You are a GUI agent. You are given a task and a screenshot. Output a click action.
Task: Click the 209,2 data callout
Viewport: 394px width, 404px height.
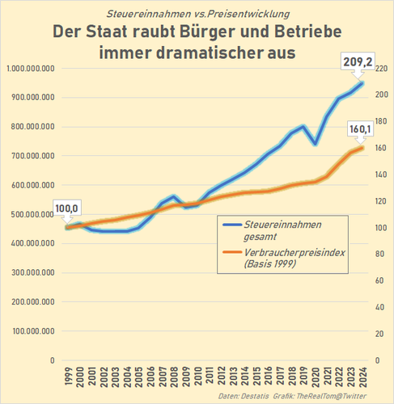(358, 62)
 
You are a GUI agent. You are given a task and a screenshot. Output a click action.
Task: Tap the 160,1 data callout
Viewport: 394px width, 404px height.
(360, 129)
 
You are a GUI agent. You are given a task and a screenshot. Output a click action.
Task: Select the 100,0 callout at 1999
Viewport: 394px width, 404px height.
(66, 208)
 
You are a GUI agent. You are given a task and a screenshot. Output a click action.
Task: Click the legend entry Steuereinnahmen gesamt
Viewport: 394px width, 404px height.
(273, 230)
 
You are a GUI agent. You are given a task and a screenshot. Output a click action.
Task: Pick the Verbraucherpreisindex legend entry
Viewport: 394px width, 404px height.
(284, 258)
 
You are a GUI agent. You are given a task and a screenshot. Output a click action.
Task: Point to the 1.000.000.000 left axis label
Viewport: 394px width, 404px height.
(31, 69)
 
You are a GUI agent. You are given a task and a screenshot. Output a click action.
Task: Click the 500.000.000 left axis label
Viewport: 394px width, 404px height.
(32, 215)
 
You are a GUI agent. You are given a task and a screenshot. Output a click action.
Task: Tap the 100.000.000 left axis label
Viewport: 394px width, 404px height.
(33, 331)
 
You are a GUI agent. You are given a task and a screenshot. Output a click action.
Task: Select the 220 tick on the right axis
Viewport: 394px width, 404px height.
(381, 69)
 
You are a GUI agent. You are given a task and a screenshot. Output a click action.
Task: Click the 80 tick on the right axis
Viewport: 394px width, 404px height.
(379, 254)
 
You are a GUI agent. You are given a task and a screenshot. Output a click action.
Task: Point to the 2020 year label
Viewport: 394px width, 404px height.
(316, 377)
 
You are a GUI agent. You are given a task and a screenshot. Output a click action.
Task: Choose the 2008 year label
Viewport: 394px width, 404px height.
(174, 377)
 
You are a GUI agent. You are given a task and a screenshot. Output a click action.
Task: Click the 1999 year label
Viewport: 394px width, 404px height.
(69, 377)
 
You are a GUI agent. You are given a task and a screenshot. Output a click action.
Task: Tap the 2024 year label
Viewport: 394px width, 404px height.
(362, 377)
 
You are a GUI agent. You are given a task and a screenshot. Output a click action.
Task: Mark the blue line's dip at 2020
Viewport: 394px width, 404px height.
(315, 144)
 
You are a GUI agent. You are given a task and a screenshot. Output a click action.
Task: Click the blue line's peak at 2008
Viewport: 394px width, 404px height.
(174, 196)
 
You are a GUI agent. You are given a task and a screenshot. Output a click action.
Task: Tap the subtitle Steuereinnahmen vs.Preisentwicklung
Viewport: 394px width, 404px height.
(198, 14)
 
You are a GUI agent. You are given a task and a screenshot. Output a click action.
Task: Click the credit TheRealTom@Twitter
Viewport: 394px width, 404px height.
(331, 396)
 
